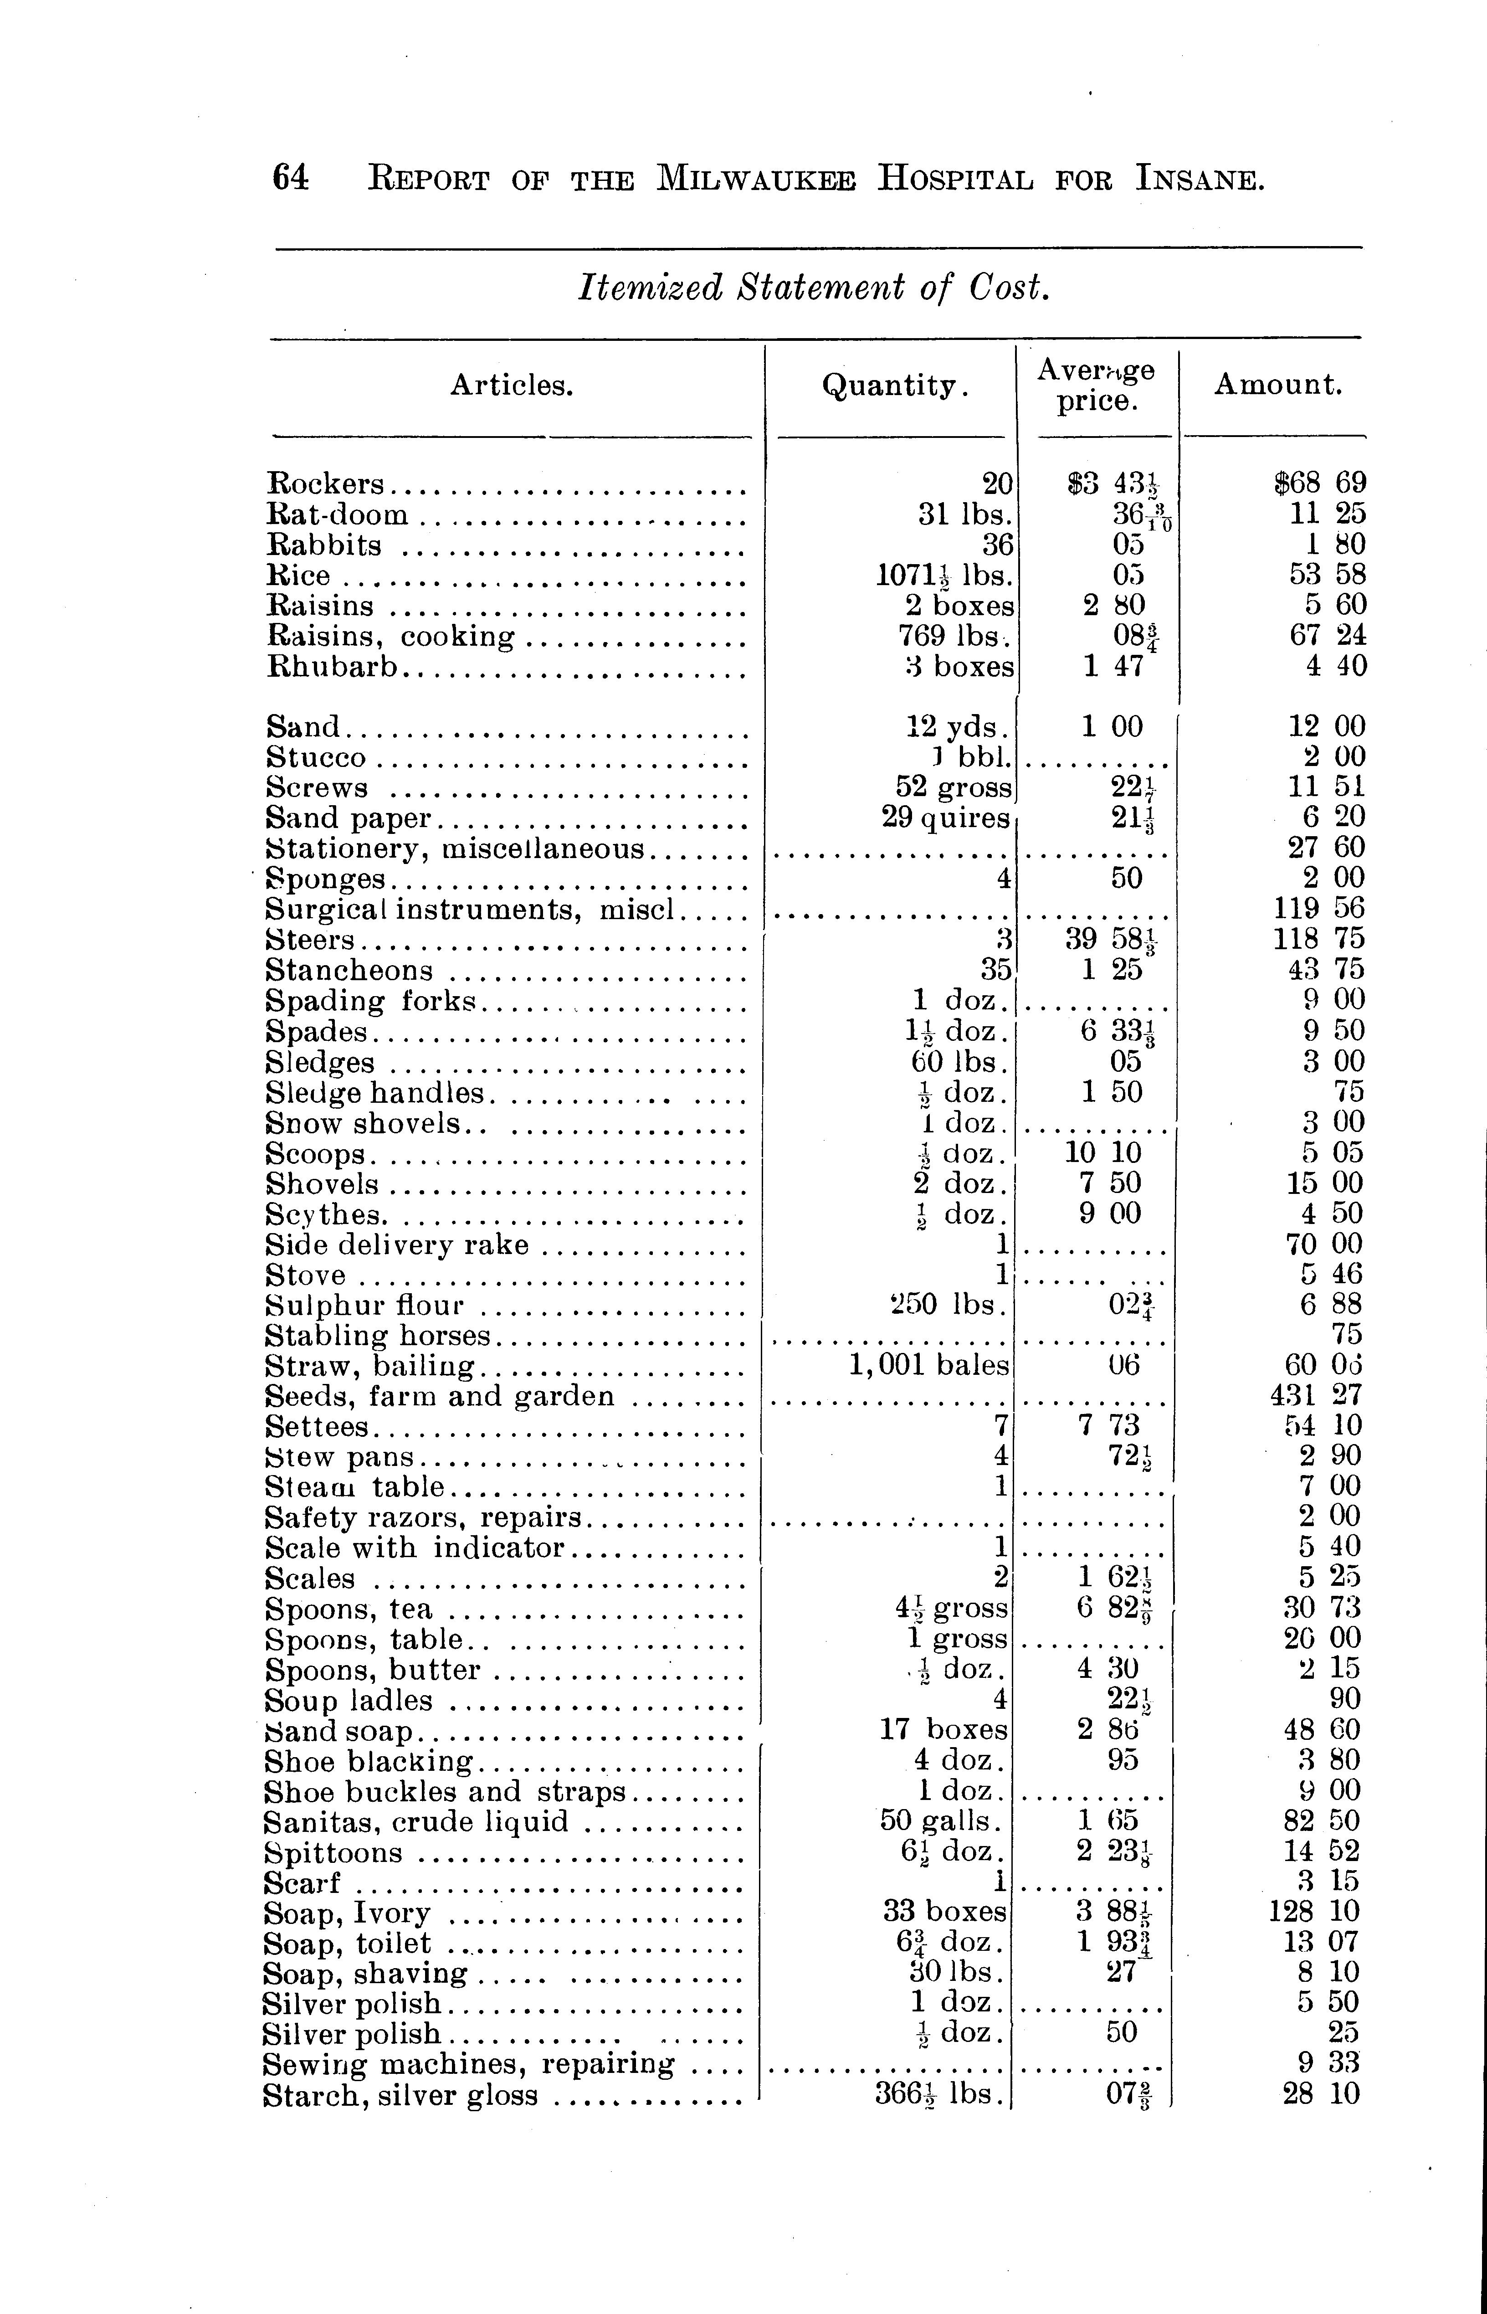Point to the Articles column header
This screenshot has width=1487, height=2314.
(x=512, y=386)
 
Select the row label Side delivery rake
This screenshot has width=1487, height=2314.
(x=397, y=1245)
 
